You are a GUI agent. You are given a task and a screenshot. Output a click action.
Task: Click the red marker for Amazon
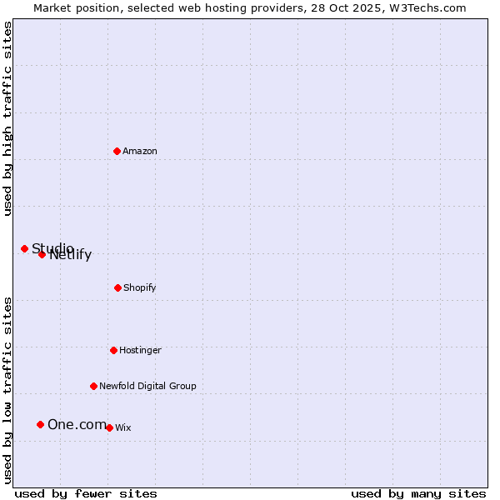pos(117,151)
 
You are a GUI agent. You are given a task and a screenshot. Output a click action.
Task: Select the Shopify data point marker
pos(117,287)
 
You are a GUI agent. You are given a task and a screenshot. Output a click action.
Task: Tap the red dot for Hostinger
pos(113,350)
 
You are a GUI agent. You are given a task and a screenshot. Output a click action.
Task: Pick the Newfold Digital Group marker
pos(93,386)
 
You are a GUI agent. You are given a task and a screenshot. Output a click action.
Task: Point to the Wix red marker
pos(109,427)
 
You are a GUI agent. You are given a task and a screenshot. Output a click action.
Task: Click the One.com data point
pos(40,424)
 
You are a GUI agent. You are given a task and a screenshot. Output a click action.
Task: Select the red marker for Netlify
pos(42,254)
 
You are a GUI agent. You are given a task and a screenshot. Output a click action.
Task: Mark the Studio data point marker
pos(24,248)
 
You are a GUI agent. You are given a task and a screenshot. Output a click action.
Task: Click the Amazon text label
pos(140,151)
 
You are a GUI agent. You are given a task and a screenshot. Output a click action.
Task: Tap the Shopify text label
pos(140,287)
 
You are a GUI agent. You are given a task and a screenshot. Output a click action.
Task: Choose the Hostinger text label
pos(140,350)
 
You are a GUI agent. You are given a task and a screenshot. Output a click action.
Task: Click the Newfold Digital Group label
pos(147,386)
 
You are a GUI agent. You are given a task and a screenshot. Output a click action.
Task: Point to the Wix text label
pos(123,427)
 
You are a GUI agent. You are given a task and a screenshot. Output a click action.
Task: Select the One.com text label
pos(77,425)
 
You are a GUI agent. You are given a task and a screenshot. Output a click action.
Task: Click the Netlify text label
pos(72,255)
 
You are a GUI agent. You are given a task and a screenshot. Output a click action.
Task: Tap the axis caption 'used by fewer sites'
pos(86,493)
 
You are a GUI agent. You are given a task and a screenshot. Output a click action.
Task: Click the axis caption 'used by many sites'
pos(418,493)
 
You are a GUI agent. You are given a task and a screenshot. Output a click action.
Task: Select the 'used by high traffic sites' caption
pos(7,118)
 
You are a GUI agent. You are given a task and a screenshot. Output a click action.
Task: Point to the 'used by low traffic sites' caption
pos(7,389)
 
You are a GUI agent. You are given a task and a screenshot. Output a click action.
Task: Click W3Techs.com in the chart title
pos(426,7)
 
